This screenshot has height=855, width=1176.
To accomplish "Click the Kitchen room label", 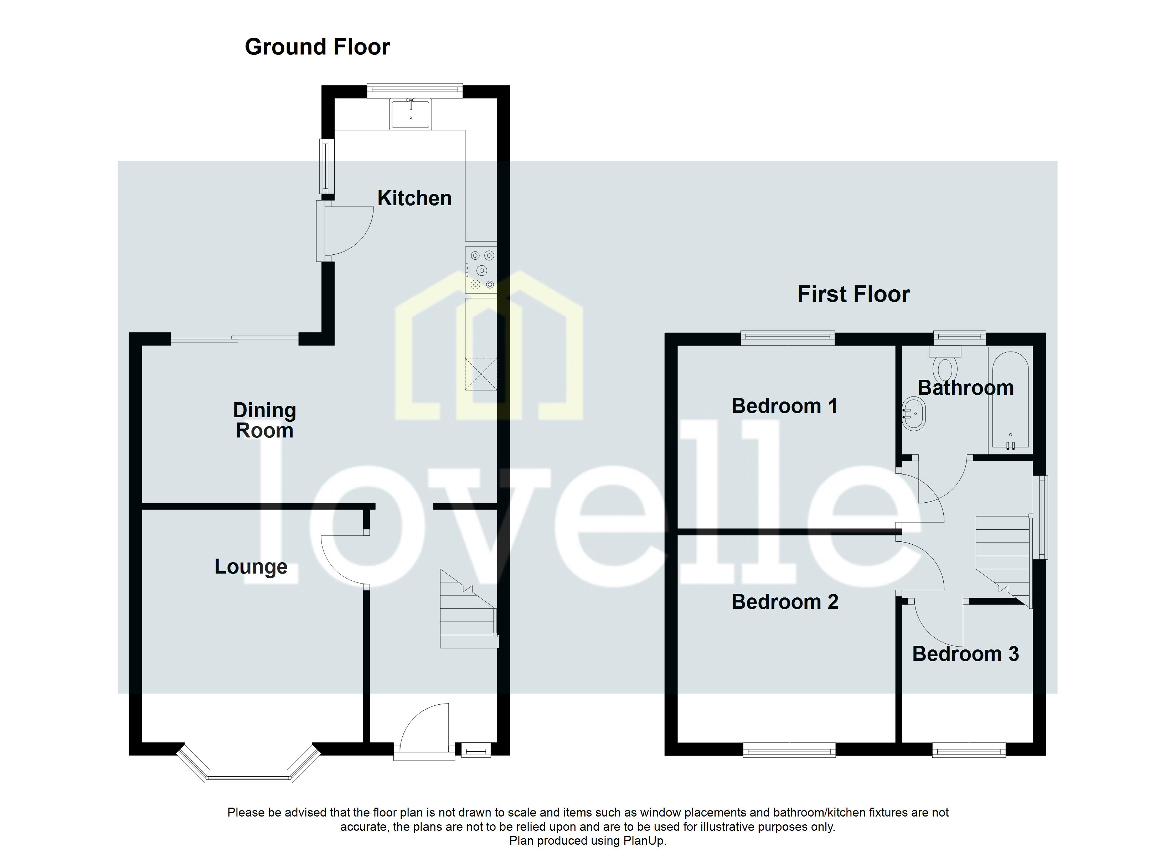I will coord(414,198).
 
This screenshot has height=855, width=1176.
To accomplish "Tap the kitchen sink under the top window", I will coord(411,114).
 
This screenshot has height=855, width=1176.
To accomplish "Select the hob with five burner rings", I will coord(481,270).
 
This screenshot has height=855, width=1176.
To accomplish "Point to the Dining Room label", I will coord(264,420).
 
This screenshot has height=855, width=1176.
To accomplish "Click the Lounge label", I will coord(251,567).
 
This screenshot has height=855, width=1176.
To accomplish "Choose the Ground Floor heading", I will coord(317,47).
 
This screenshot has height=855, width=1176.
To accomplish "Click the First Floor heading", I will coord(853,294).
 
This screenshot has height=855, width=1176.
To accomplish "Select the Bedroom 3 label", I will coord(965,654).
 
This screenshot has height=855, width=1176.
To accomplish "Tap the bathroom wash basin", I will coord(914,414).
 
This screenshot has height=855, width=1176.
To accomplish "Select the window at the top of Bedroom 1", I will coord(788,338).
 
